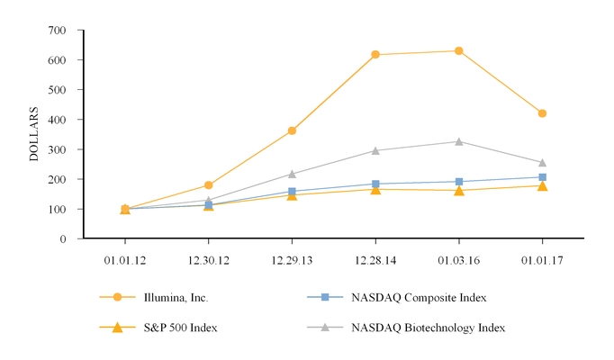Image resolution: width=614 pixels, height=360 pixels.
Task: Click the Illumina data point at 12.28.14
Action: [375, 55]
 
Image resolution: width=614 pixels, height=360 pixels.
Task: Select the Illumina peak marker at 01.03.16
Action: [459, 50]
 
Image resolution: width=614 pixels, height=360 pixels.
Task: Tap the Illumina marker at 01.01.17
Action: [542, 113]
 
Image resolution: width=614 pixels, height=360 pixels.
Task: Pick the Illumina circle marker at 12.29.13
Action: [292, 130]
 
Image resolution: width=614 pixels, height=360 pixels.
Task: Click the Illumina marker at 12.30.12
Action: [209, 185]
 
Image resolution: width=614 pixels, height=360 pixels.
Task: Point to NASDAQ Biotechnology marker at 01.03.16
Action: [459, 141]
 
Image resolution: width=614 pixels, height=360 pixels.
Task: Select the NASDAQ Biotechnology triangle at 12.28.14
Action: [375, 150]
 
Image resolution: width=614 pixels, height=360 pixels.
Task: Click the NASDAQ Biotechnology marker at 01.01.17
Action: [542, 163]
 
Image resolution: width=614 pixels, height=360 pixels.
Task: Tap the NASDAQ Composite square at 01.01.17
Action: [542, 177]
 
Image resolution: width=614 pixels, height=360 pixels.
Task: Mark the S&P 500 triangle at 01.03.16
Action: [459, 190]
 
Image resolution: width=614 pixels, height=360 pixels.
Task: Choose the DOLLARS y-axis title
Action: [34, 134]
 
